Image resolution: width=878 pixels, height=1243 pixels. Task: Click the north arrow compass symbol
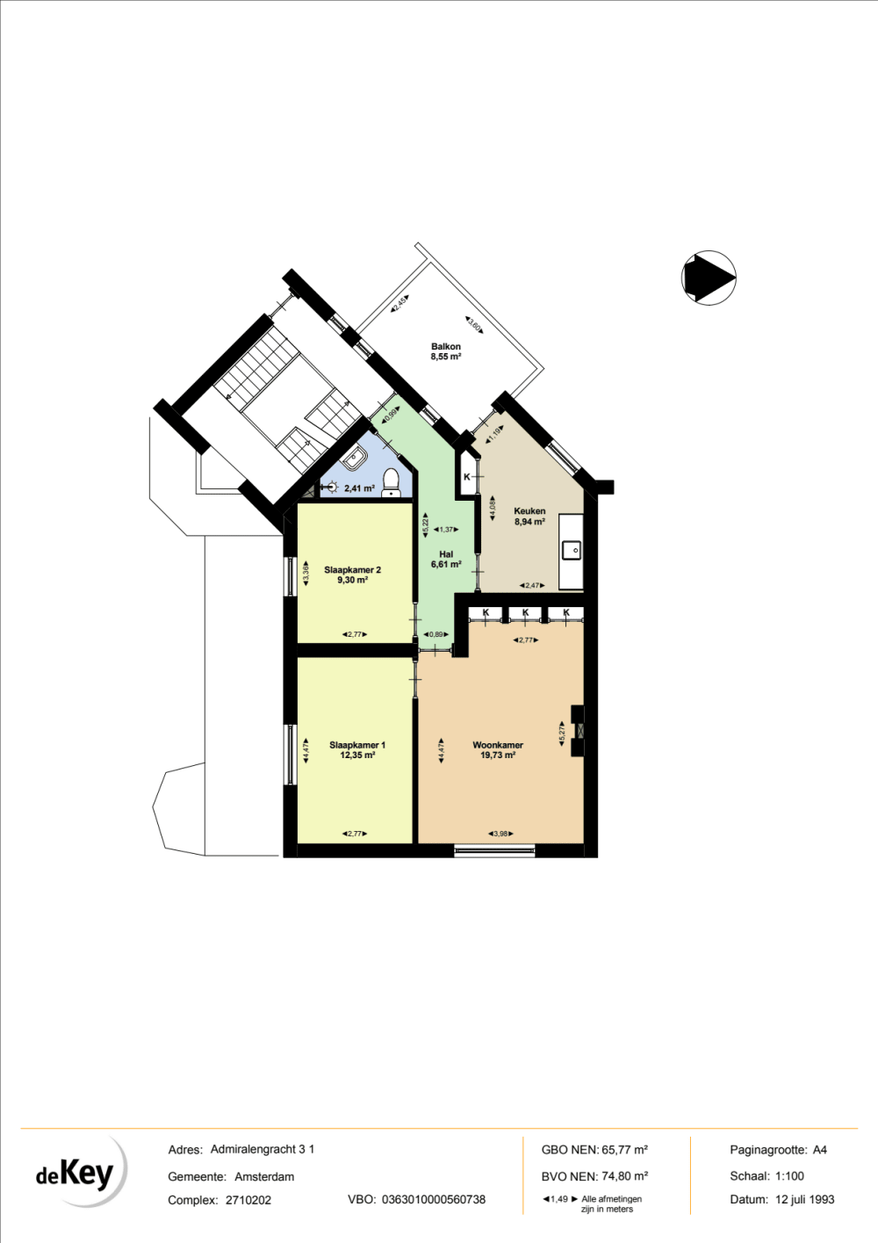tap(709, 278)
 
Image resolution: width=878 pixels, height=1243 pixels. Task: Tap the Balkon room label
tap(446, 346)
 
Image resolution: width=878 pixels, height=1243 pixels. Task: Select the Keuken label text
tap(529, 510)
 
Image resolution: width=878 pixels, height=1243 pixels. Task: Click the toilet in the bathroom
tap(392, 481)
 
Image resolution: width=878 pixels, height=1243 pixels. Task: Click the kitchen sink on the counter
tap(572, 551)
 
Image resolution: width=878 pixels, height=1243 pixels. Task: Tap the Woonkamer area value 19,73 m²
tap(498, 755)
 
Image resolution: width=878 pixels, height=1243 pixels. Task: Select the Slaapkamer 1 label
tap(357, 745)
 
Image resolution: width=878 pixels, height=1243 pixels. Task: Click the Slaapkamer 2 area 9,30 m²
tap(353, 580)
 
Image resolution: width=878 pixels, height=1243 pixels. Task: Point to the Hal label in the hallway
tap(446, 553)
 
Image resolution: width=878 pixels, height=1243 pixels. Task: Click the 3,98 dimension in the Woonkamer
tap(500, 833)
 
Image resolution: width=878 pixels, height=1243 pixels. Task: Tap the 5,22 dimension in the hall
tap(426, 525)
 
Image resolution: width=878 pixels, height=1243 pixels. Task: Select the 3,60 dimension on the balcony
tap(473, 325)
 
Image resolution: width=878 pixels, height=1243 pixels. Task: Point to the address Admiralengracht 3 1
tap(263, 1149)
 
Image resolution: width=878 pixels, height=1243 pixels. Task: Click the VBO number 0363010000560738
tap(434, 1199)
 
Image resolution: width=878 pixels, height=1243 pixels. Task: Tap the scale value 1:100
tap(789, 1175)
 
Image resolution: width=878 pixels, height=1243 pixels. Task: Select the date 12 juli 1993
tap(804, 1199)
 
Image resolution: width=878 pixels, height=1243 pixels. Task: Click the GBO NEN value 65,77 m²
tap(624, 1150)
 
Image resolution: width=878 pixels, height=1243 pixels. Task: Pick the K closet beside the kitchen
tap(466, 477)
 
